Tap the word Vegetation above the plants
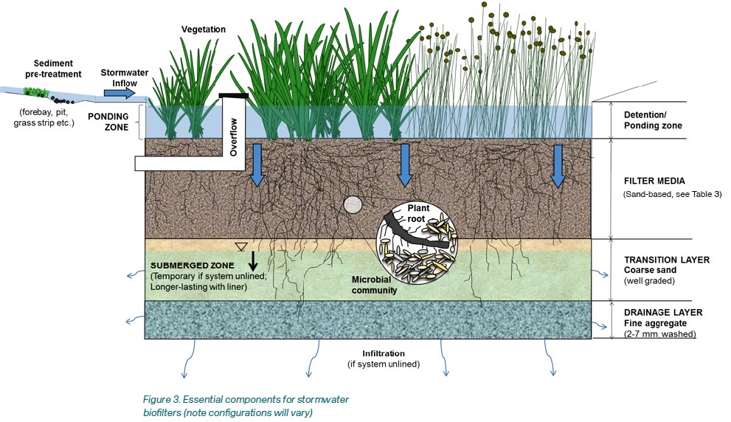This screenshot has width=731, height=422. point(203,30)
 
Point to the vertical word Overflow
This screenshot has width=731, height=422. point(234,136)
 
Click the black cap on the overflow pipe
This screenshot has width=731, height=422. point(234,96)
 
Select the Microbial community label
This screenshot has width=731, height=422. point(374,286)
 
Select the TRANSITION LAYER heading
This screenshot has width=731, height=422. point(667,260)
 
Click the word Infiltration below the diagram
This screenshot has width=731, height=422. point(384,353)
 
